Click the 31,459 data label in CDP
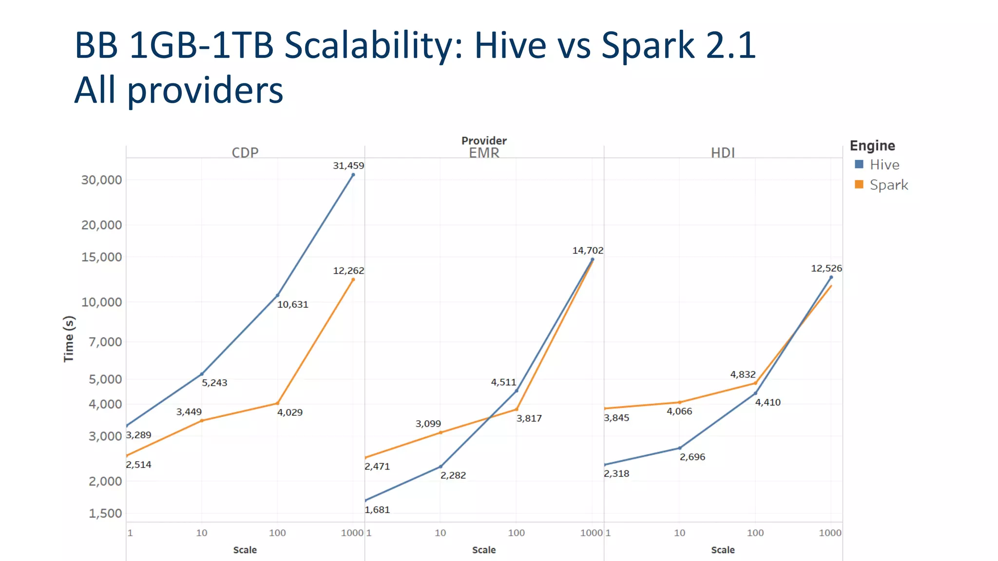348,166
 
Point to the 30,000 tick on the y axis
101,180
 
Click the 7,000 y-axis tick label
105,342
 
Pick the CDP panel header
245,152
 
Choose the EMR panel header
484,153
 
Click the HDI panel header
723,153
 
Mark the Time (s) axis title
69,339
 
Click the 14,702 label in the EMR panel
587,250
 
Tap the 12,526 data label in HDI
826,268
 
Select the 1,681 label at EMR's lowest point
377,510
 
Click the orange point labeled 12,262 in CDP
353,280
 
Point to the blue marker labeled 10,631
277,295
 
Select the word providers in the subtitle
205,91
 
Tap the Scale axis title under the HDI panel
723,550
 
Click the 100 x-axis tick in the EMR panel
516,533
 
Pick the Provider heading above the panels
484,141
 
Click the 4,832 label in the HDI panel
743,374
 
